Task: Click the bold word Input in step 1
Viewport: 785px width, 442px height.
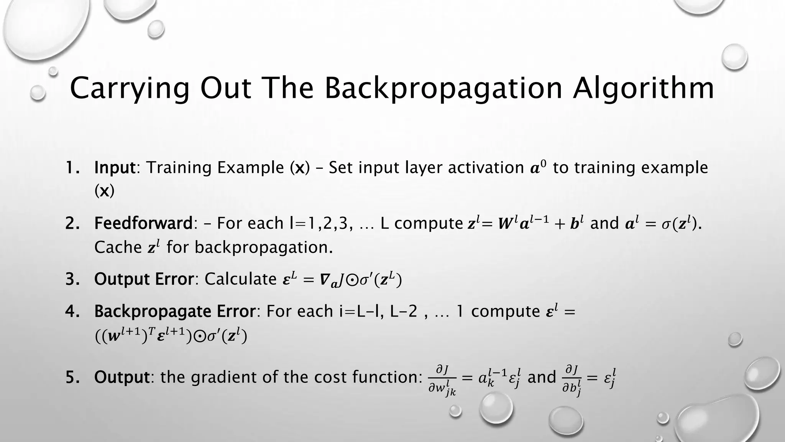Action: [x=115, y=168]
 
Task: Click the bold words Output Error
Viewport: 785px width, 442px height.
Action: [x=144, y=279]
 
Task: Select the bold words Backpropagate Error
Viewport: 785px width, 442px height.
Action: [x=175, y=311]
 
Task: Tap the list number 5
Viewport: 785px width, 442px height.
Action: [x=72, y=377]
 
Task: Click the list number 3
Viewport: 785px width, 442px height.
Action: [x=72, y=279]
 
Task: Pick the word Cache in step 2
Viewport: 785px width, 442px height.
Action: [x=118, y=247]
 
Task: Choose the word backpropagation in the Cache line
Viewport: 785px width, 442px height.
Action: [x=263, y=247]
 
